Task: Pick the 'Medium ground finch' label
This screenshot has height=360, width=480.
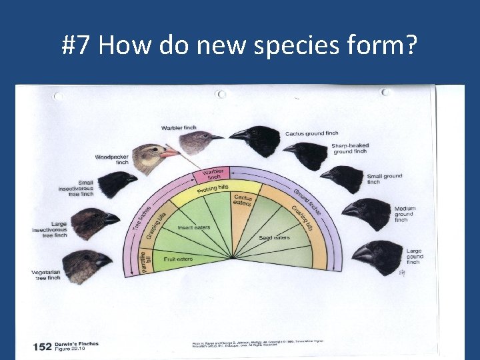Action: coord(405,214)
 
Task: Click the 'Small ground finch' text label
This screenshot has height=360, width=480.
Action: coord(384,179)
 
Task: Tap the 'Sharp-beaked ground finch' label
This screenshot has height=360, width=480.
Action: coord(350,148)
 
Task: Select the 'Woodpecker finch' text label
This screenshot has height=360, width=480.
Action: coord(111,159)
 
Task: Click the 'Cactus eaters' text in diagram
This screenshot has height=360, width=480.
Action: coord(243,200)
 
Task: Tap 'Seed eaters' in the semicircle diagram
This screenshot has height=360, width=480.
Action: coord(273,237)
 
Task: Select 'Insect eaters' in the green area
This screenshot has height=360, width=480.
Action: coord(194,227)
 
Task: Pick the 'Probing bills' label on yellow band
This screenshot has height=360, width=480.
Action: coord(213,189)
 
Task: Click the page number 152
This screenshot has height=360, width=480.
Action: coord(42,346)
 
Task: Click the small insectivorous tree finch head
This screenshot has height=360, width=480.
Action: coord(115,183)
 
